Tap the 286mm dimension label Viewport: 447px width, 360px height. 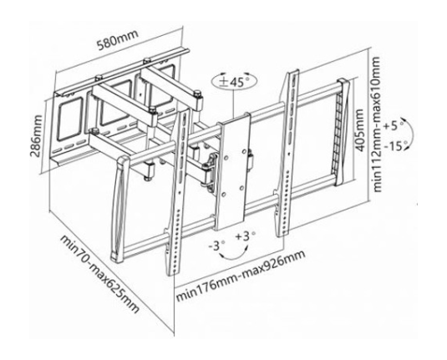[36, 136]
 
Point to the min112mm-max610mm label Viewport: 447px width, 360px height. [376, 124]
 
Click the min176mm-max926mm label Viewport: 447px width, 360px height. [241, 276]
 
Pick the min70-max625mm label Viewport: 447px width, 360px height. [99, 274]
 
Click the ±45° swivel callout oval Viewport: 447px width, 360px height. [234, 82]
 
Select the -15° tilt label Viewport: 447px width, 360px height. [394, 146]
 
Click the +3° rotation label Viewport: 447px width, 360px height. [245, 236]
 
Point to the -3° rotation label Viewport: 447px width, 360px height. [216, 246]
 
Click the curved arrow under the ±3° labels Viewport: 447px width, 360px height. [233, 256]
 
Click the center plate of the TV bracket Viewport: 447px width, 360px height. [232, 171]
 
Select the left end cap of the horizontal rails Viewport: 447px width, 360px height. [119, 209]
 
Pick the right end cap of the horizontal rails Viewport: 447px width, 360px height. [343, 132]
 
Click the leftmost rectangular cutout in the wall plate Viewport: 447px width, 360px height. [69, 119]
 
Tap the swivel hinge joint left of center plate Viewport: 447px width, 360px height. [211, 170]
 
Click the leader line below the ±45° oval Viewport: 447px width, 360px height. [233, 104]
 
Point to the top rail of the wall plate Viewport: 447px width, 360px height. [123, 72]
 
